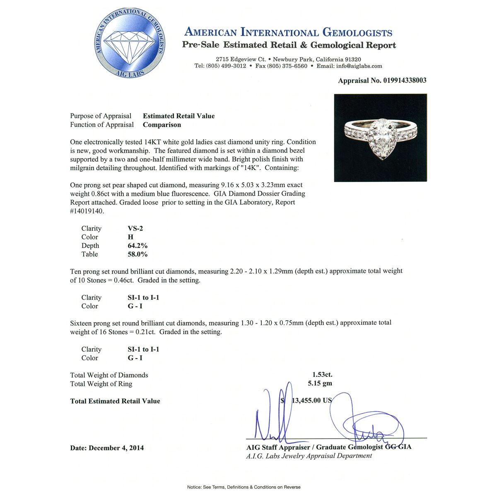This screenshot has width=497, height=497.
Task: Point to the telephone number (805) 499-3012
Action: pyautogui.click(x=226, y=66)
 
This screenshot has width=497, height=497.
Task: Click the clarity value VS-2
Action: pyautogui.click(x=136, y=229)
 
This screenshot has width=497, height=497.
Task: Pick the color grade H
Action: pyautogui.click(x=130, y=237)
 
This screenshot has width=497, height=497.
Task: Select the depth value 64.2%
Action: pyautogui.click(x=138, y=246)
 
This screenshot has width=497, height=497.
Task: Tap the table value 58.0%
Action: pyautogui.click(x=138, y=255)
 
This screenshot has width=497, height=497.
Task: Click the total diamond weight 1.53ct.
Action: pyautogui.click(x=322, y=375)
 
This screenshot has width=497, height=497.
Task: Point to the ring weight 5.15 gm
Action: pyautogui.click(x=320, y=384)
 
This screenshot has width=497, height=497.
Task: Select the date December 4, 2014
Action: pyautogui.click(x=116, y=448)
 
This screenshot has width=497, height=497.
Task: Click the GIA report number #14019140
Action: pyautogui.click(x=87, y=211)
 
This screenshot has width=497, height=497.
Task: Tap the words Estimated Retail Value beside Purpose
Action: pyautogui.click(x=179, y=116)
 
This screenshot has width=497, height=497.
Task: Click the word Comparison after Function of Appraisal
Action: pyautogui.click(x=162, y=125)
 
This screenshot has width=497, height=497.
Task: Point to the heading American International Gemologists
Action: pyautogui.click(x=288, y=32)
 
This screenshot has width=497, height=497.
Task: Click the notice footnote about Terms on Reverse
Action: pyautogui.click(x=244, y=487)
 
